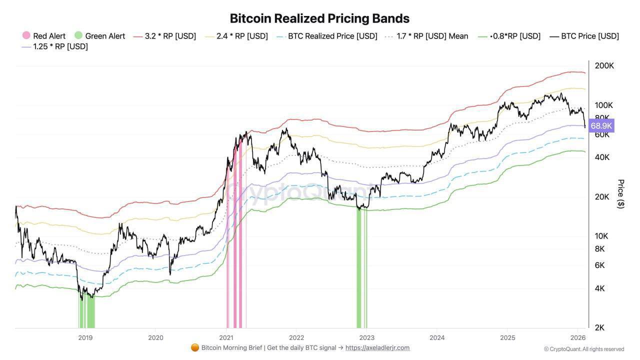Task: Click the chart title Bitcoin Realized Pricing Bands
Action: click(319, 18)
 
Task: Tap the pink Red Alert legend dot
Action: click(26, 35)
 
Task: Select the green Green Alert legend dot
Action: click(78, 35)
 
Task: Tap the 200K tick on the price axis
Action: click(604, 66)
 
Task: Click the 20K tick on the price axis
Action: click(601, 197)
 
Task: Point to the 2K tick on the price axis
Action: click(599, 328)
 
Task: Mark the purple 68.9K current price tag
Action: click(601, 125)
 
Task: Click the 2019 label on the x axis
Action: click(85, 337)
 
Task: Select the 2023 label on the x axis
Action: click(366, 337)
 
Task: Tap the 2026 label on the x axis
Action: click(577, 337)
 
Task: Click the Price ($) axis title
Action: click(621, 194)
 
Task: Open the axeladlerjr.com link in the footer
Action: click(377, 348)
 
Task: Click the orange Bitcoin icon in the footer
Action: click(195, 348)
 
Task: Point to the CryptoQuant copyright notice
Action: click(584, 349)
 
